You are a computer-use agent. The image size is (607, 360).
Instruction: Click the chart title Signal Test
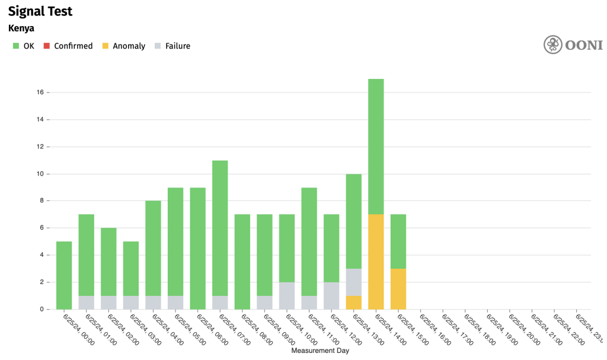point(40,11)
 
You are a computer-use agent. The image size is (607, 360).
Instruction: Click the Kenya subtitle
point(21,28)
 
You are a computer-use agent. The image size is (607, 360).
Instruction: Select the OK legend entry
point(24,46)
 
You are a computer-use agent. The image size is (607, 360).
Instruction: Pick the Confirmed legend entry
point(68,46)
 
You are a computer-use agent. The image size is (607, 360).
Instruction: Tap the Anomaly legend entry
point(124,46)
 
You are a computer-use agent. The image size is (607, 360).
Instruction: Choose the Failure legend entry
point(172,46)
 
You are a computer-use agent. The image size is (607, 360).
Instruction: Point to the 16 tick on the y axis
point(41,93)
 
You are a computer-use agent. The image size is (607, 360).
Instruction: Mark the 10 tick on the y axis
point(41,174)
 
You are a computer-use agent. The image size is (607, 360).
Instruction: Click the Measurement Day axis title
point(320,351)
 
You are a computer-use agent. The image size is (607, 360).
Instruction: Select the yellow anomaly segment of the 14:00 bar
point(376,262)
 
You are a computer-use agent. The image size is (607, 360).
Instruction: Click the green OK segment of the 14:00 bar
point(376,146)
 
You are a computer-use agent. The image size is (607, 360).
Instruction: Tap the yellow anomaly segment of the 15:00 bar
point(398,289)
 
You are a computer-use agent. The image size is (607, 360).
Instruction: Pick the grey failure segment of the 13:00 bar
point(354,282)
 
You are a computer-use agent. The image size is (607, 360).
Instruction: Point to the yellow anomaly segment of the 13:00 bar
point(354,302)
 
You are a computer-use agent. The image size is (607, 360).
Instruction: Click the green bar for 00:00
point(64,275)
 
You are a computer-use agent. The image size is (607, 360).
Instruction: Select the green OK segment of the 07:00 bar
point(220,228)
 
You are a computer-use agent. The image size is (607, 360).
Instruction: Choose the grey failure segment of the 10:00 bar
point(287,295)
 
